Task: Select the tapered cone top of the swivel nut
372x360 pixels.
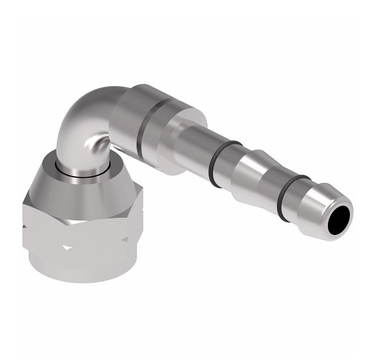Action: click(x=85, y=187)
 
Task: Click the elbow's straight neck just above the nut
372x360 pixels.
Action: click(x=79, y=156)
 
